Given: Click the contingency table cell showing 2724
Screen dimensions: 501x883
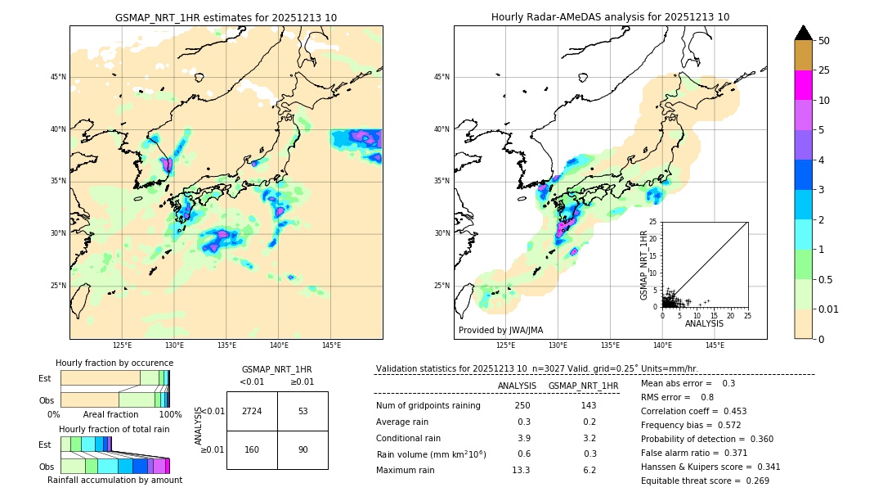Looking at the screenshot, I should (252, 411).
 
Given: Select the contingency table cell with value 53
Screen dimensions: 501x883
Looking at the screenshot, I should (303, 411).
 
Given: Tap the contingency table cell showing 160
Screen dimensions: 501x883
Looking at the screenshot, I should (252, 449).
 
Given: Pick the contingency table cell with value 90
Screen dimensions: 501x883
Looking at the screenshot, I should (303, 449).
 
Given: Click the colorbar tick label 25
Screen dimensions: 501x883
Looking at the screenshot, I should (824, 70).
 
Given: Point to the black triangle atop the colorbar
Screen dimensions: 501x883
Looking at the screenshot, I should (804, 33).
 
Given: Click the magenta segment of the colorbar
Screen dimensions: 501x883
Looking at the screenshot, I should (804, 85).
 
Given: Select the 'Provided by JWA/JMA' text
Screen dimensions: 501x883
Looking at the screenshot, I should (500, 330).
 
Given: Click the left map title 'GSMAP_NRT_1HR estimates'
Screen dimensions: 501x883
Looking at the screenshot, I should (226, 17).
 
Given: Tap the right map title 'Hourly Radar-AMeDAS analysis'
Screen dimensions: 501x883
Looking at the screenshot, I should (610, 17).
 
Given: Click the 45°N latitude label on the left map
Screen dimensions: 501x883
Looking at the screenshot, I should (58, 77).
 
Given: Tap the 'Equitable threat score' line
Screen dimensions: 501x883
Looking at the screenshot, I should (705, 481).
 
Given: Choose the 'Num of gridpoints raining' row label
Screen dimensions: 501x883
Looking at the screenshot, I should (428, 405).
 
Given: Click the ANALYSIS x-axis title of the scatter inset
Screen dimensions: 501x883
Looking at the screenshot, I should (704, 323).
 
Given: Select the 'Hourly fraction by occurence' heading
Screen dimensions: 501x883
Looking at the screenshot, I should (114, 363).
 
